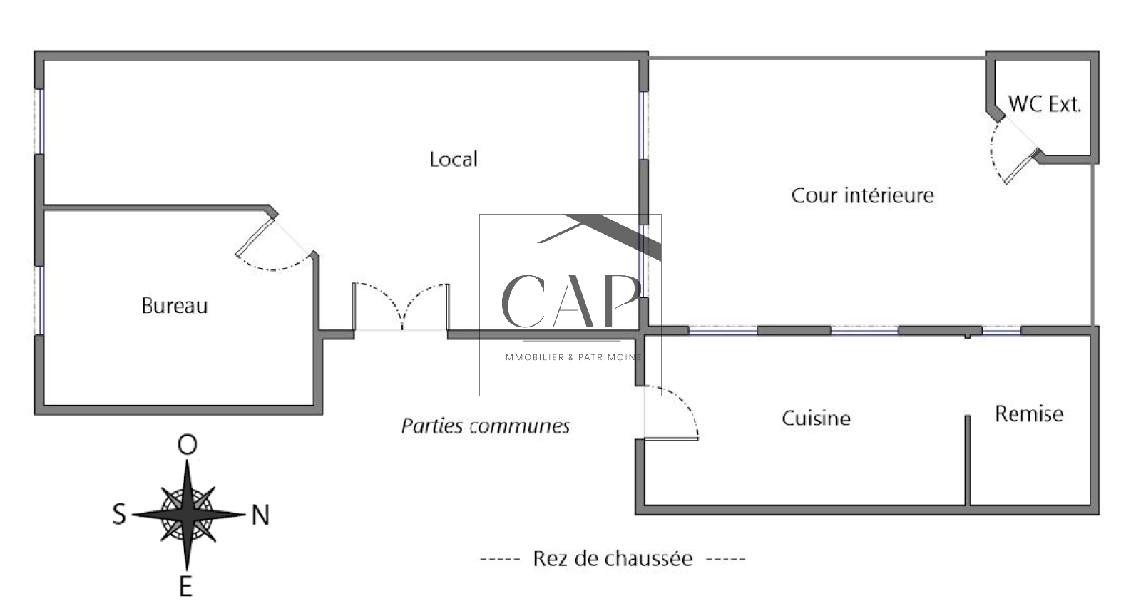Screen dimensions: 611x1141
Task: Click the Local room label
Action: [x=453, y=159]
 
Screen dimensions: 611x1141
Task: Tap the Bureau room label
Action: [x=175, y=306]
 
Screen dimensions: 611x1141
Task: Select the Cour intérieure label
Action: [x=862, y=195]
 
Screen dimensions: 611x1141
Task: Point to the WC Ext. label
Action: [x=1045, y=104]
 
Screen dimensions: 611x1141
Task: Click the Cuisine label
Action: [x=816, y=418]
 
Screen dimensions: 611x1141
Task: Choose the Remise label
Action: [x=1028, y=414]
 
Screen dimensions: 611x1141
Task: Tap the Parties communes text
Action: [x=485, y=426]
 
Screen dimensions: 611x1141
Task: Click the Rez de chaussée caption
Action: [x=613, y=558]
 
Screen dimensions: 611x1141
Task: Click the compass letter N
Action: [x=260, y=515]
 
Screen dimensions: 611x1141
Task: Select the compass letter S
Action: [x=119, y=514]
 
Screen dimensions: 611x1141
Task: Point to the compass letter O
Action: [x=187, y=445]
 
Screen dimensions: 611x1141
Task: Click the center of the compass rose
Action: [x=187, y=514]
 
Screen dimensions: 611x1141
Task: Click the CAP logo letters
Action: [x=570, y=299]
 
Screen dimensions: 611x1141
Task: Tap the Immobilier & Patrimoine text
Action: [x=571, y=357]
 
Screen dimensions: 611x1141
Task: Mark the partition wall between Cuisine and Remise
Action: [x=968, y=460]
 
